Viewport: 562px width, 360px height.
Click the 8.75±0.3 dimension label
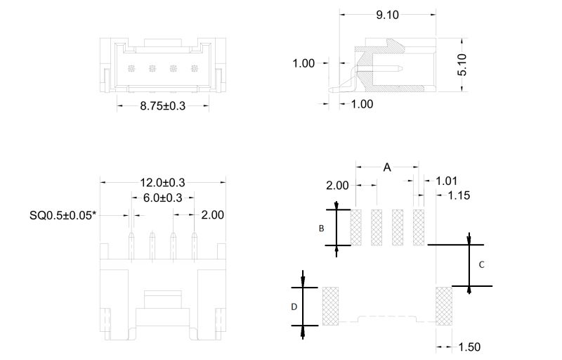162,106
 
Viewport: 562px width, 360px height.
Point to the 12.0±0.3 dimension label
162,182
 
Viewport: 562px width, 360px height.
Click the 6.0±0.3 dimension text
162,198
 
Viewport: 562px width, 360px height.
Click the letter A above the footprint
387,167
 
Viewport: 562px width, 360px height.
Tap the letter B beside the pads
321,229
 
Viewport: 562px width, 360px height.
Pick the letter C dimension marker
481,265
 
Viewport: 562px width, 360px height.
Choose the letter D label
294,307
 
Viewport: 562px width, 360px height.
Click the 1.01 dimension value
447,181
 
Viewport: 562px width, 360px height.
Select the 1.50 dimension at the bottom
469,347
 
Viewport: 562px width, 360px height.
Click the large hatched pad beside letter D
330,306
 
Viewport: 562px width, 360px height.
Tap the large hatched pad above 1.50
444,306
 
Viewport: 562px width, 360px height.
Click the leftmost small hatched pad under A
355,227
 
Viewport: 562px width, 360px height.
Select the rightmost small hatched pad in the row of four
419,227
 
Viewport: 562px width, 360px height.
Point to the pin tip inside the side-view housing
399,69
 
